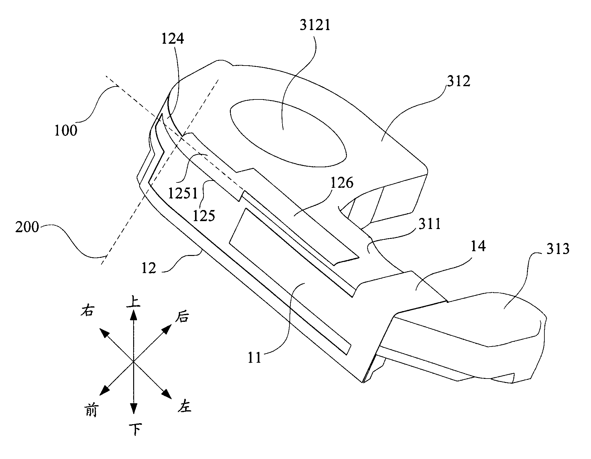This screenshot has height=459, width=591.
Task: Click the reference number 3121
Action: click(x=315, y=25)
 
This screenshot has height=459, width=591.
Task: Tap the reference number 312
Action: click(x=458, y=82)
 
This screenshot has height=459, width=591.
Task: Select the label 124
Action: click(x=173, y=39)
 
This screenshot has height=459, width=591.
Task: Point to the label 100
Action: click(x=66, y=130)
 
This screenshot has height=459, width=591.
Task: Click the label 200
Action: click(x=27, y=228)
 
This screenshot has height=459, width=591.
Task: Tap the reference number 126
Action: click(x=342, y=183)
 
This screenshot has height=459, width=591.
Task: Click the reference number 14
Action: click(x=477, y=246)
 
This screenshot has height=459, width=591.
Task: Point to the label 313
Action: click(x=558, y=249)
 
